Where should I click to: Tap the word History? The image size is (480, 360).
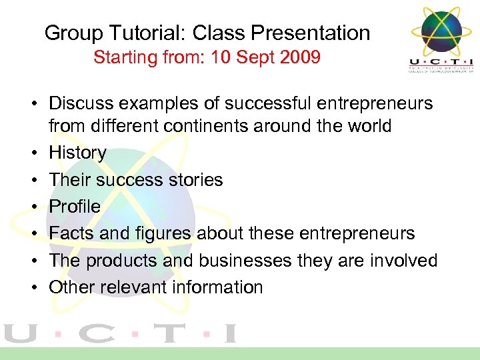(78, 153)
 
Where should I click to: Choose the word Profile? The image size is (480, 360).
(75, 207)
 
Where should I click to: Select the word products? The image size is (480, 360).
(123, 261)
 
